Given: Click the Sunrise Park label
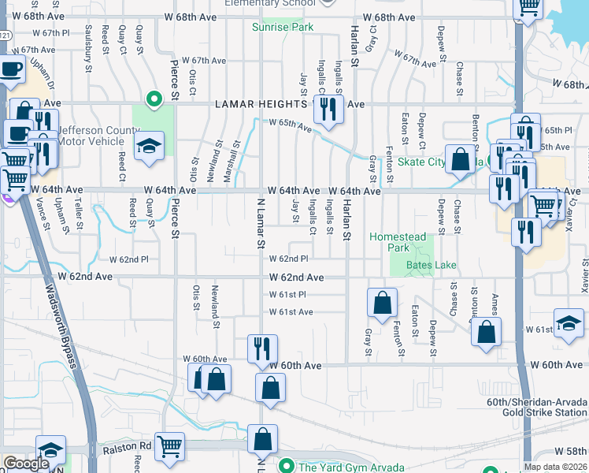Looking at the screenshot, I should point(283,27).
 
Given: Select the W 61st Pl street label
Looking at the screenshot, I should point(287,294).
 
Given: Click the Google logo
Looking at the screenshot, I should point(25,464).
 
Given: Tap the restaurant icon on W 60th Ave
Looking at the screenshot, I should point(262,348).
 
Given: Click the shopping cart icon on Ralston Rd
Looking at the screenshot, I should point(169,445).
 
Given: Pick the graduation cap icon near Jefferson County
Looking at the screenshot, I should point(148,146).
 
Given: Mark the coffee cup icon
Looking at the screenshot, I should point(12,69).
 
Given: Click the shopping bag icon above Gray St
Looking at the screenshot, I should point(382,302).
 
